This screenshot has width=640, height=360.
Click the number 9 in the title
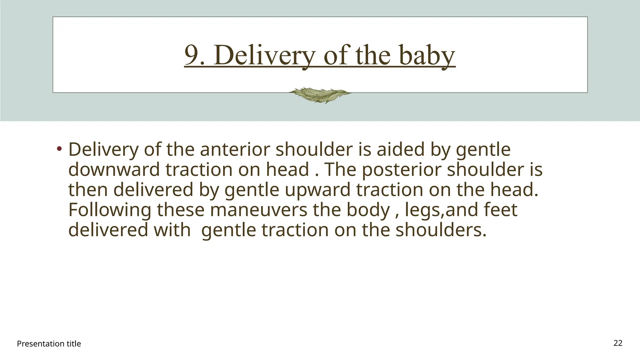[191, 55]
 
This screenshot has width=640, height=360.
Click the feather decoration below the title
[319, 95]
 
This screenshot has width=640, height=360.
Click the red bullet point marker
[59, 148]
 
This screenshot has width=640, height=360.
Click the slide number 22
[618, 343]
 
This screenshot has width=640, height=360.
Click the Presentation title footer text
[49, 344]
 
